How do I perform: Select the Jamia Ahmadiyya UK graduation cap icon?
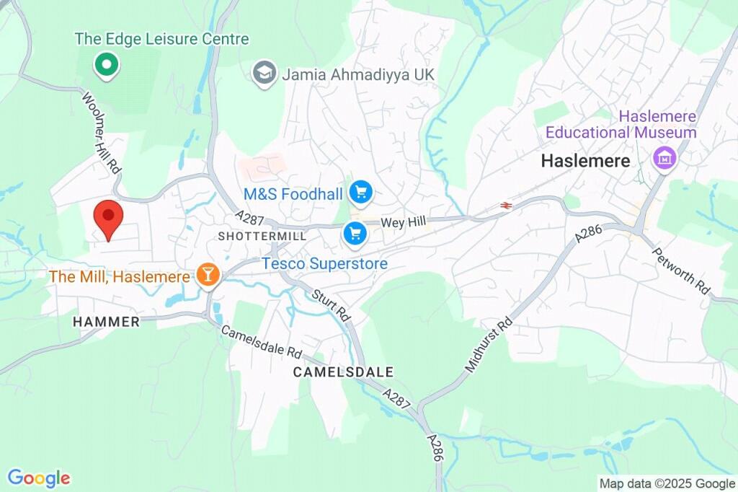pos(264,72)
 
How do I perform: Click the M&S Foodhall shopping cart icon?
pos(360,193)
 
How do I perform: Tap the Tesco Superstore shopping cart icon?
pos(353,233)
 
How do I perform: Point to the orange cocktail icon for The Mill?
pos(208,275)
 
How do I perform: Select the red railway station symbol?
pos(507,206)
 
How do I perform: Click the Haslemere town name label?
pos(585,161)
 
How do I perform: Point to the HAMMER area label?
pos(107,322)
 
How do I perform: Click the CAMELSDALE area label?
pos(343,372)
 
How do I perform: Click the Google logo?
pos(38,478)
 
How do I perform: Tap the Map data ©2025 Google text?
pos(667,483)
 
